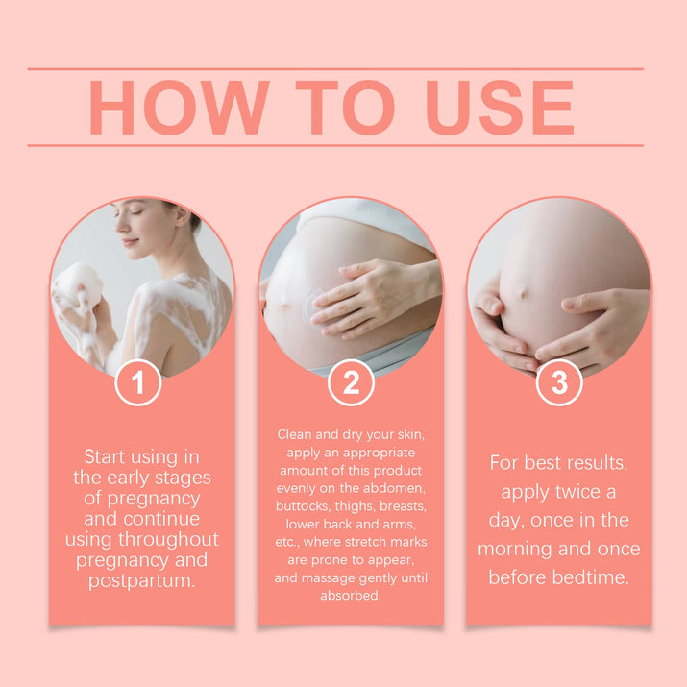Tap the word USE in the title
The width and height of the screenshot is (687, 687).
(x=500, y=107)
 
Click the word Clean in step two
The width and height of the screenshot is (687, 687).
(x=295, y=434)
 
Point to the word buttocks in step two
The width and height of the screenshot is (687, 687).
(x=303, y=505)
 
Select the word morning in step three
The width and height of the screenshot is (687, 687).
(x=523, y=549)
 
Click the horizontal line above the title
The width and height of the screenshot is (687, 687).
(x=335, y=69)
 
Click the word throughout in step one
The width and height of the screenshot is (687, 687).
(x=171, y=539)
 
